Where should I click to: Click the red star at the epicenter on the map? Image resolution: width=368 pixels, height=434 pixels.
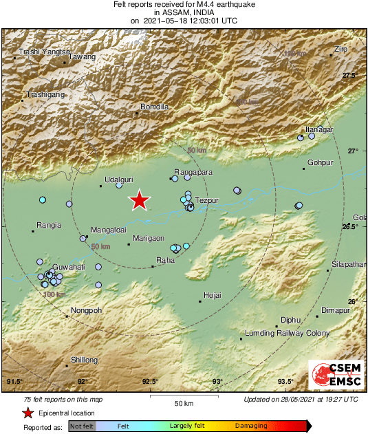(x=140, y=200)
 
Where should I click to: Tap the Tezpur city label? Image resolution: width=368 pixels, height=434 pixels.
(x=207, y=201)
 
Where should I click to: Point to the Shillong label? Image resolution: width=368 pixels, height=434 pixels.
(x=85, y=360)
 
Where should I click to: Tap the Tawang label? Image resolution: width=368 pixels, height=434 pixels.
(x=83, y=56)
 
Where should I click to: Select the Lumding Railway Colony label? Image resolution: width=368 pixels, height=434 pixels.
(x=288, y=333)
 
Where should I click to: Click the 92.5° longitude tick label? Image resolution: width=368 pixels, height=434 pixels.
(x=150, y=382)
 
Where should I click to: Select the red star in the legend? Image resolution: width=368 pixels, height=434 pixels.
(x=28, y=413)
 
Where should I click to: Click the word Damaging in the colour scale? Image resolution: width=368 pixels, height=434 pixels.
(x=252, y=426)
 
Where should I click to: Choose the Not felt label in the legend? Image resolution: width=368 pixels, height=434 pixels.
(x=82, y=426)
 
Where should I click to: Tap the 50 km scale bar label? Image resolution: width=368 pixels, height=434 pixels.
(x=184, y=402)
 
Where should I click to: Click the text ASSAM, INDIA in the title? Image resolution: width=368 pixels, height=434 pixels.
(x=184, y=12)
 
